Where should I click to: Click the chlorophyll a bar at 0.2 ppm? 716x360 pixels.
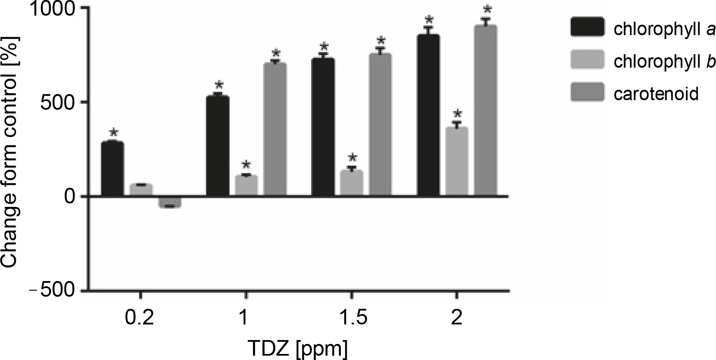pos(112,169)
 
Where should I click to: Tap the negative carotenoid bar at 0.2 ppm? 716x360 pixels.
pos(170,202)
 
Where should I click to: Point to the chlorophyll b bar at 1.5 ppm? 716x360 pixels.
pos(351,183)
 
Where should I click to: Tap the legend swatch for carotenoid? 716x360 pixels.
pos(587,92)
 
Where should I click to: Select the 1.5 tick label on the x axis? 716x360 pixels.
pos(351,319)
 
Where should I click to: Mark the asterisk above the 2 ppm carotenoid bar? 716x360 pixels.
pos(488,10)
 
